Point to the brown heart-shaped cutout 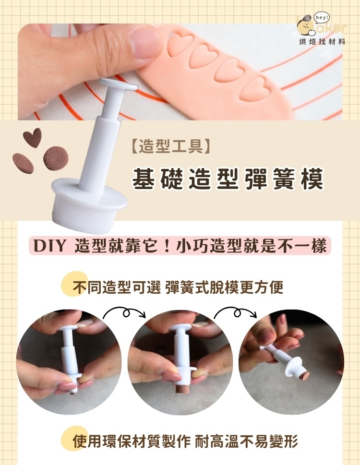32,137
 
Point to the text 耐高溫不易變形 247,441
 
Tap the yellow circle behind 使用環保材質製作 72,437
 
